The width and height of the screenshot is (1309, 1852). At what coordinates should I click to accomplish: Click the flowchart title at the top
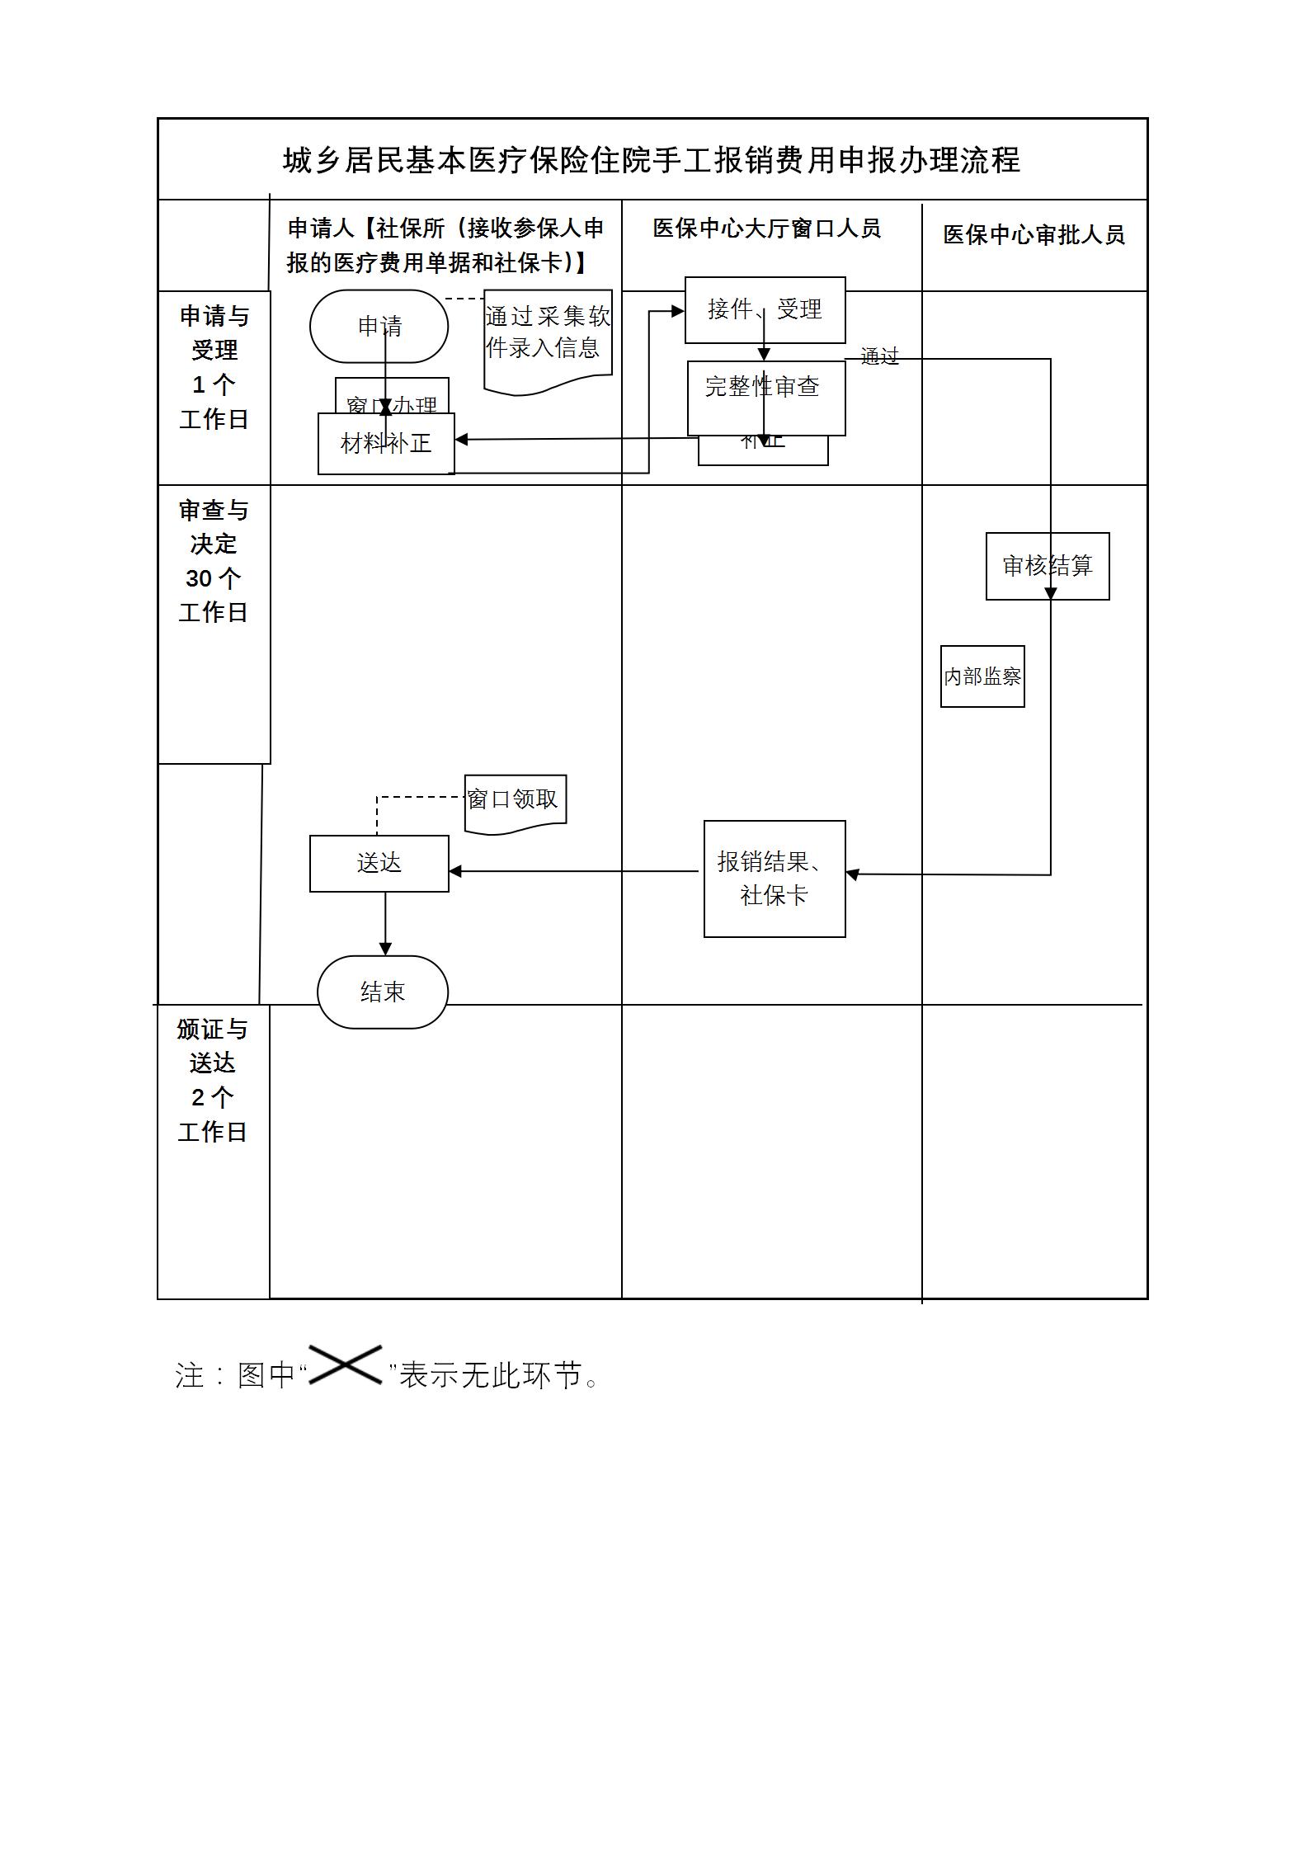coord(652,160)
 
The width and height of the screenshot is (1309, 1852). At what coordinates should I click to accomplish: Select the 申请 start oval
coord(379,326)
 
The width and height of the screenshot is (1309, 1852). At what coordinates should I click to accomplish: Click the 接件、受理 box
coord(765,309)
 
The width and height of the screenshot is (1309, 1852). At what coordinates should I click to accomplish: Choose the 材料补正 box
coord(386,444)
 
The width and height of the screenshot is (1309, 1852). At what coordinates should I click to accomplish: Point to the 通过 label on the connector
coord(879,356)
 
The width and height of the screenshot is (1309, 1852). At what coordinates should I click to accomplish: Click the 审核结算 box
coord(1047,566)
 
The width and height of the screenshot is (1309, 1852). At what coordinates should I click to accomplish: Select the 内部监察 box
coord(982,676)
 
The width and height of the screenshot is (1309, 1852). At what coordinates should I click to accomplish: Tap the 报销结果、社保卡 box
coord(774,879)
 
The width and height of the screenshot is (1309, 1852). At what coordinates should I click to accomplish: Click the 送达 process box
coord(379,863)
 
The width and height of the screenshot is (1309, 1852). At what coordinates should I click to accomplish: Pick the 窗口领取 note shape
coord(514,800)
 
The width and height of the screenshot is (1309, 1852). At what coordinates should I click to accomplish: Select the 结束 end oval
coord(383,992)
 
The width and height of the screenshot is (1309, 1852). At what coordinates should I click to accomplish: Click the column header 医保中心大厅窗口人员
coord(766,229)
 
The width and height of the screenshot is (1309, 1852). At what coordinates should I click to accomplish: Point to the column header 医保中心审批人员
coord(1034,235)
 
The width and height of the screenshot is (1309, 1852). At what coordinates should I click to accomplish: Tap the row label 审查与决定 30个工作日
coord(214,561)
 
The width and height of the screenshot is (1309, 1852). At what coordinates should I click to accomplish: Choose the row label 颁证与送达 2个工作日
coord(213,1080)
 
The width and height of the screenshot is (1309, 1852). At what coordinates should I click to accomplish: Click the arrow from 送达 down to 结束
coord(385,924)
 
